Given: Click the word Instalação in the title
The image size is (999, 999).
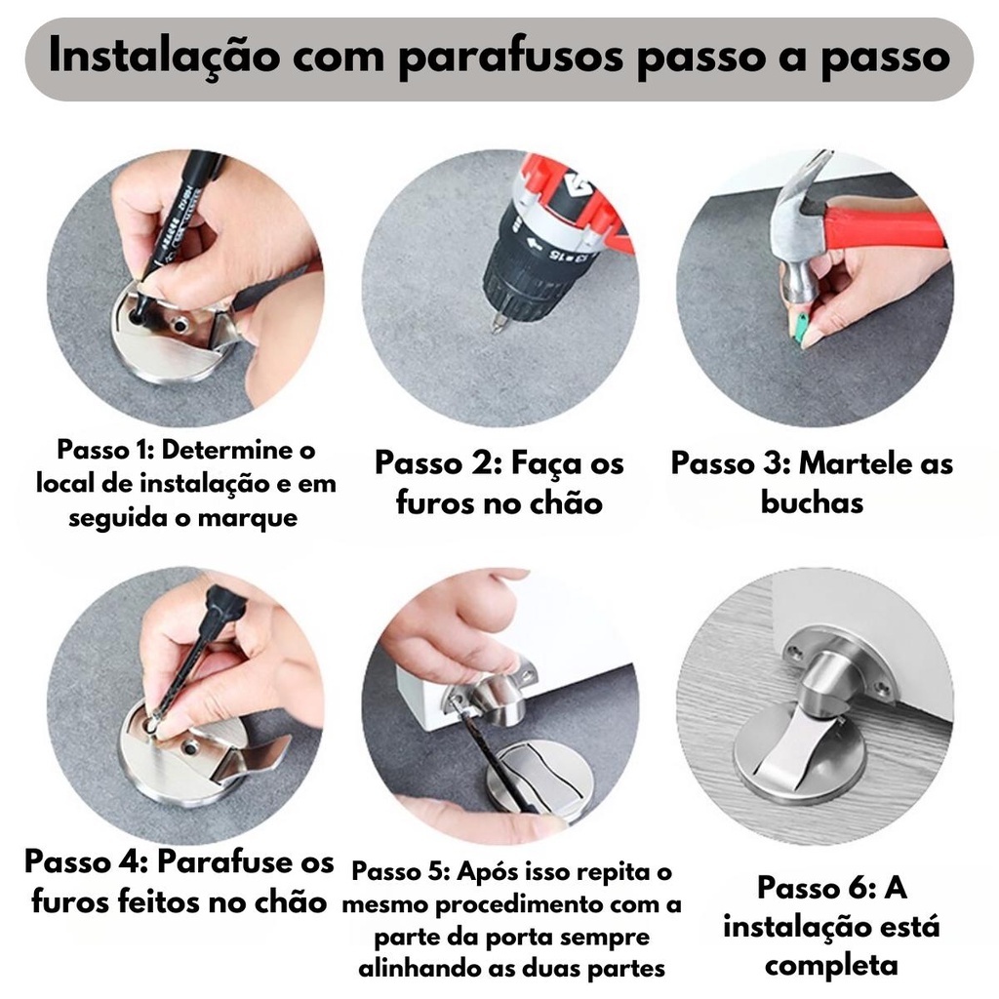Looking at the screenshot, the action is pyautogui.click(x=164, y=56).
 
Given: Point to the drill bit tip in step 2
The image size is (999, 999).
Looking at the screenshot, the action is pyautogui.click(x=496, y=328).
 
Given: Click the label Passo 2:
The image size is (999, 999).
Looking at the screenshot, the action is pyautogui.click(x=439, y=463).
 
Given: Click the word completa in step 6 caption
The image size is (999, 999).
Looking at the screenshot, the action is pyautogui.click(x=831, y=965).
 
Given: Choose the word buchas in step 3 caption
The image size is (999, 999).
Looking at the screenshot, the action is pyautogui.click(x=813, y=502).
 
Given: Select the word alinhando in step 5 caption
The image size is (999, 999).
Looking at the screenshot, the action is pyautogui.click(x=419, y=969).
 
